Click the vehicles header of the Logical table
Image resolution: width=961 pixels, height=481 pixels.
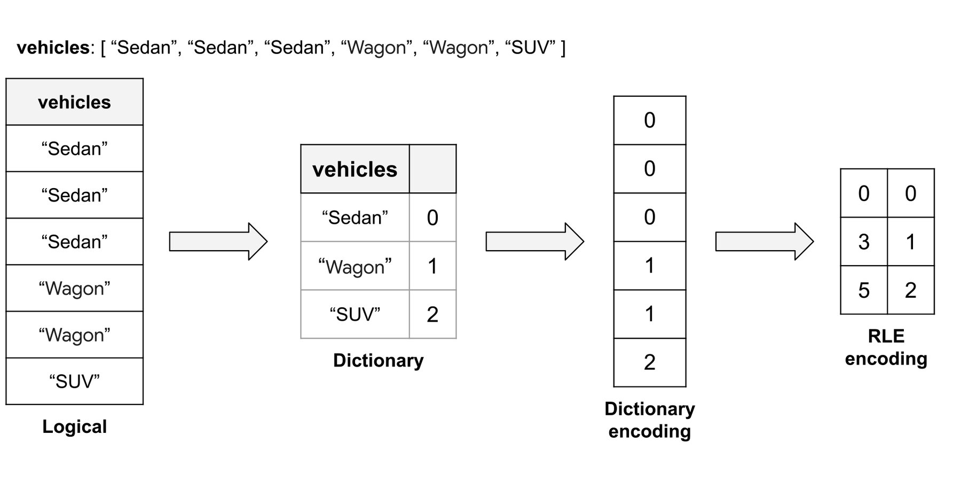(x=74, y=102)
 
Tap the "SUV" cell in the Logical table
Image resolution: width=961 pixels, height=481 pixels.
(x=74, y=381)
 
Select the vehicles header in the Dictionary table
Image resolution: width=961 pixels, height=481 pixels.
(x=355, y=169)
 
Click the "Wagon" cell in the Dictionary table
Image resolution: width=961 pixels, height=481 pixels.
(x=355, y=266)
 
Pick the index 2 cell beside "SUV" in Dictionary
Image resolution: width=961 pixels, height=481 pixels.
(x=432, y=314)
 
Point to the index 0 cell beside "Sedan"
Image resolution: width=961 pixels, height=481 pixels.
(x=432, y=218)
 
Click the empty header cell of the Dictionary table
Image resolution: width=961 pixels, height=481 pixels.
(x=432, y=169)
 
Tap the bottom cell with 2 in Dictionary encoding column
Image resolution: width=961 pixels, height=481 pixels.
(x=649, y=362)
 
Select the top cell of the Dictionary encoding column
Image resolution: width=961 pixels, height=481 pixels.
(x=649, y=120)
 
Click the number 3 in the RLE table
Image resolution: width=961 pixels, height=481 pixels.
(x=863, y=242)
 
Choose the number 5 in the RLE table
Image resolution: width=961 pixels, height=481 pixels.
(x=863, y=290)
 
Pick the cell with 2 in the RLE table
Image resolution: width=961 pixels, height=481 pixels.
(x=910, y=290)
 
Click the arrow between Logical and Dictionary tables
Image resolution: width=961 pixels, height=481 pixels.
(x=218, y=242)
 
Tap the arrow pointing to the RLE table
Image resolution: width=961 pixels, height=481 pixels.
(x=764, y=242)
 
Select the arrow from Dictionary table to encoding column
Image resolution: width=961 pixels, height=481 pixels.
(x=534, y=242)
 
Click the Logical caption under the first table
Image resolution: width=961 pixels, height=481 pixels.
(x=74, y=426)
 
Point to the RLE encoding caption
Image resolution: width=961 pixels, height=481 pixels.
(x=886, y=347)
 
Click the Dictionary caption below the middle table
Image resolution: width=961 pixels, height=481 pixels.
(x=378, y=360)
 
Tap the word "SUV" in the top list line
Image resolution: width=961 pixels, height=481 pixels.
(x=530, y=48)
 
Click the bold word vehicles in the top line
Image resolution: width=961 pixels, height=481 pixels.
(x=52, y=48)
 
